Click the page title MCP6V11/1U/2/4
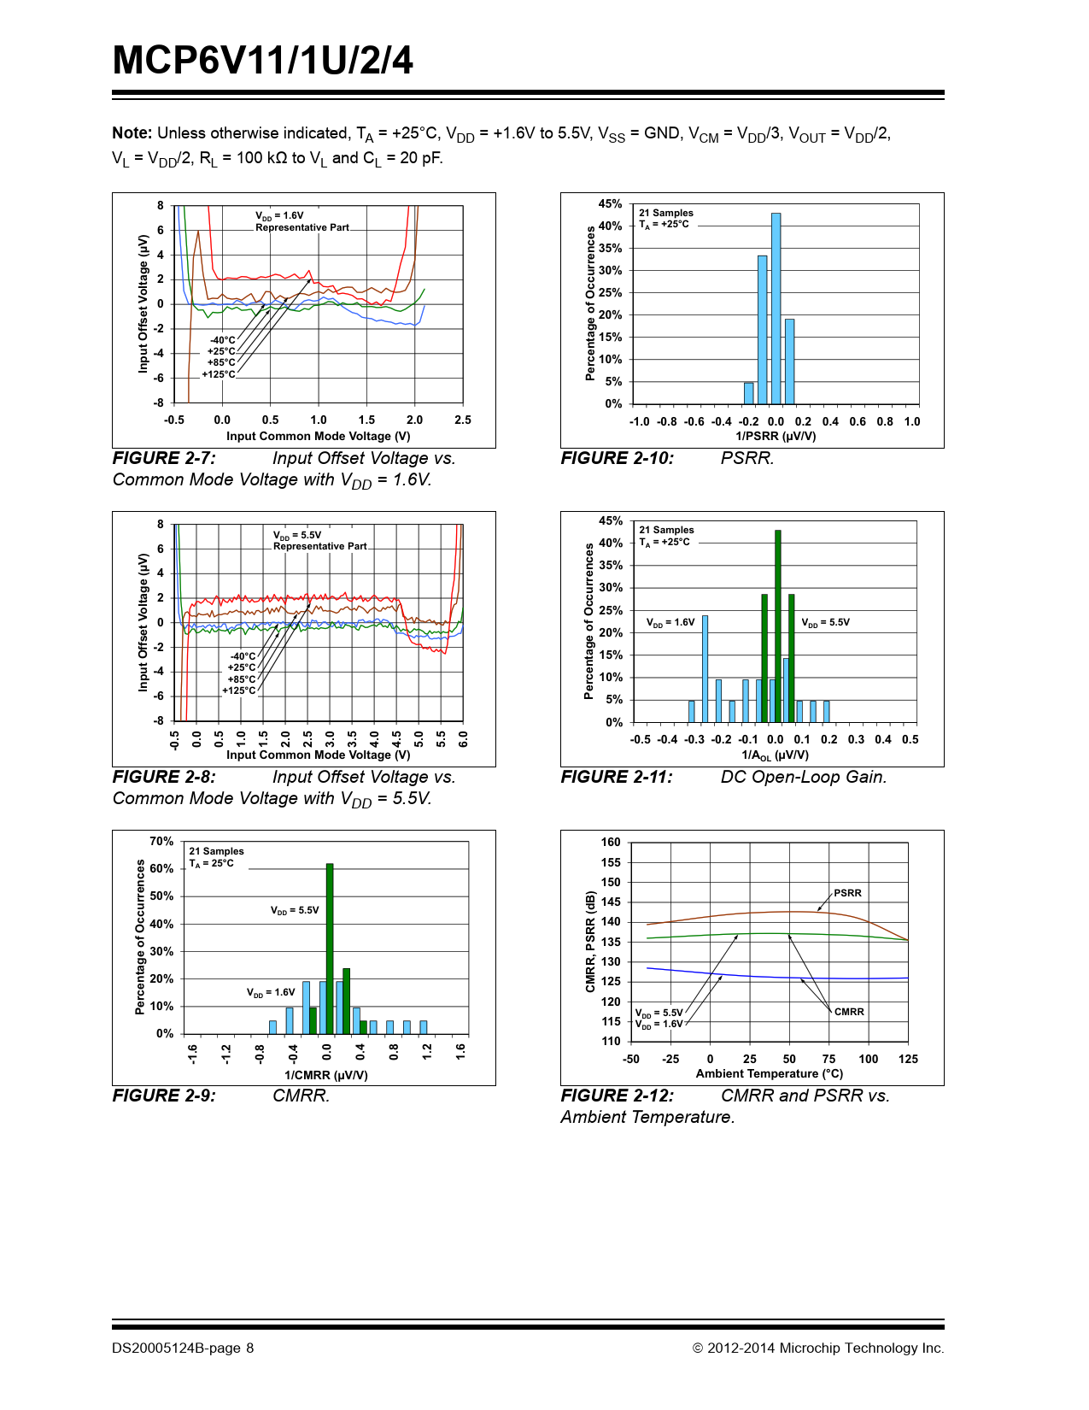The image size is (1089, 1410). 263,61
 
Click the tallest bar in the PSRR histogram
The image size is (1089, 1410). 776,308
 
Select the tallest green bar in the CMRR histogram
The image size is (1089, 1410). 330,949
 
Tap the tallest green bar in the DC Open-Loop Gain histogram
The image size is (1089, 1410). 777,626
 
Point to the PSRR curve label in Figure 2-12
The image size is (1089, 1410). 847,893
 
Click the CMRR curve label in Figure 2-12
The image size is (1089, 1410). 849,1012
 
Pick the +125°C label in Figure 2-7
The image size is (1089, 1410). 218,374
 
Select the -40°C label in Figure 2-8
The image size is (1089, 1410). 243,656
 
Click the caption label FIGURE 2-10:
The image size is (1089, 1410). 617,458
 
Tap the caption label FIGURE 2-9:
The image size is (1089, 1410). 164,1096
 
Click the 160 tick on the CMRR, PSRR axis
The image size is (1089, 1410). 611,842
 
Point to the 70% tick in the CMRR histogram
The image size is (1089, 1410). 161,842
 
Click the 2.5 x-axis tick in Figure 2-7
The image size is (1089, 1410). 463,420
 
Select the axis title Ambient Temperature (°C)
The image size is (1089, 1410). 769,1073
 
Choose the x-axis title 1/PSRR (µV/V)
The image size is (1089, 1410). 776,436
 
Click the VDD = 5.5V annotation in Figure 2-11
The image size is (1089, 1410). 825,622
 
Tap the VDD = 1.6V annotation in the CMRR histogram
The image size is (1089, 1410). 271,992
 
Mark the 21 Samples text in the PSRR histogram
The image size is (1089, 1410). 666,213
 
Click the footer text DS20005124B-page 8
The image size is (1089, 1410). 183,1348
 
